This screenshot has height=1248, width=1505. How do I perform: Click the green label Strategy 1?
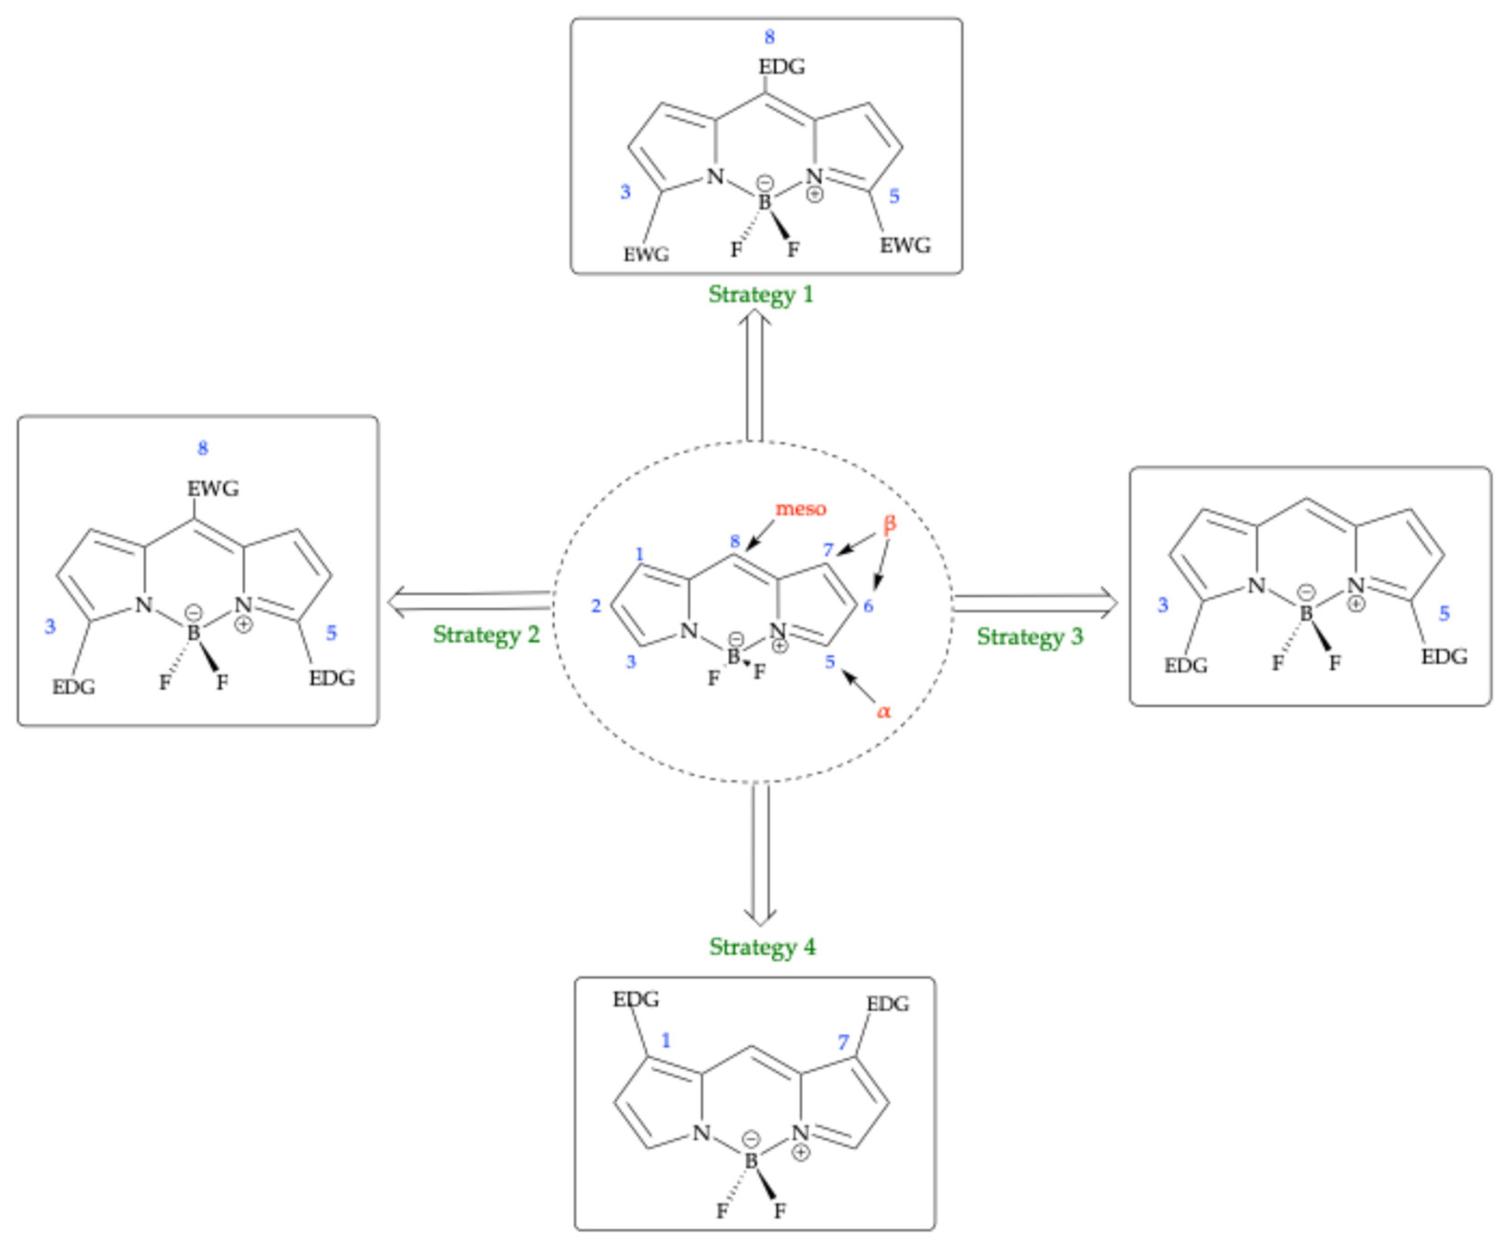pos(761,295)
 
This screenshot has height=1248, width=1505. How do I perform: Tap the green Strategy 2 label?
pos(486,635)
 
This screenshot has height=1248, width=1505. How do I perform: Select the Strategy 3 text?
pos(1029,636)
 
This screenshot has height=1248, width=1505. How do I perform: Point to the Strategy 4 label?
pos(762,946)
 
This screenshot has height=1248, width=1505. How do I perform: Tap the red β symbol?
pos(889,524)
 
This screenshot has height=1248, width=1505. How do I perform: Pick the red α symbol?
pos(884,712)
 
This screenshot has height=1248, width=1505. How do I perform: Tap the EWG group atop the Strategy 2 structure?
pos(213,489)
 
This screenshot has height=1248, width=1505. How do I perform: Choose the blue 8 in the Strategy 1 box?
pos(770,37)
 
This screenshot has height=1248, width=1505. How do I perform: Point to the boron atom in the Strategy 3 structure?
pos(1306,613)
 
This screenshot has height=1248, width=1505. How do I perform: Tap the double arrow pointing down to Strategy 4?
pos(760,853)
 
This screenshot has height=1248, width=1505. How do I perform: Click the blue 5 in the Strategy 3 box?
pos(1444,613)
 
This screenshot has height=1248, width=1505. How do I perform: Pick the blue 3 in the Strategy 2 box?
pos(50,626)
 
